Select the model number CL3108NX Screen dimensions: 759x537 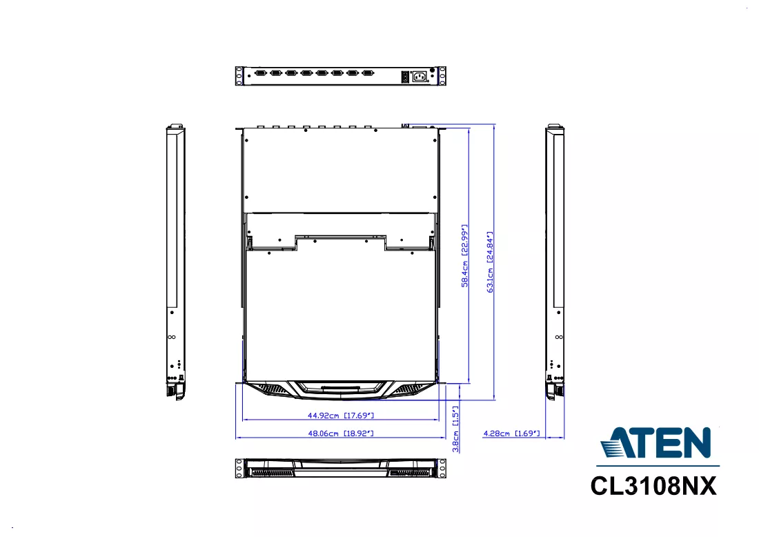[653, 486]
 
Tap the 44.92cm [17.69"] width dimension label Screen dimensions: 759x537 [341, 415]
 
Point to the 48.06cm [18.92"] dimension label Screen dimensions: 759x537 [341, 433]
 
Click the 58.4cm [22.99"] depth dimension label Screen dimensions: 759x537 [464, 255]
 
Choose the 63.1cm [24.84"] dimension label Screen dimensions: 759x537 [490, 262]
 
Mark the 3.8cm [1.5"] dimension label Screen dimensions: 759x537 [455, 429]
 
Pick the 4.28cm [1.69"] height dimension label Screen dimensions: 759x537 [511, 433]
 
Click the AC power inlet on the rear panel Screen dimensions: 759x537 [420, 76]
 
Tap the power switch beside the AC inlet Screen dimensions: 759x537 [405, 76]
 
